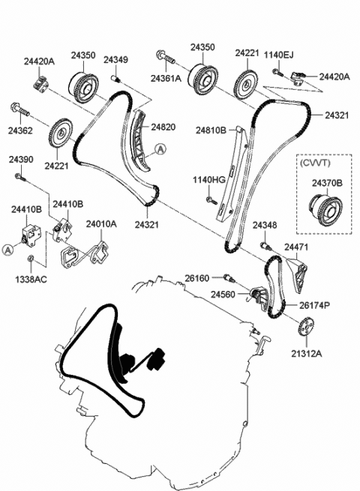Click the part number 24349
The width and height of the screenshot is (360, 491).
(115, 59)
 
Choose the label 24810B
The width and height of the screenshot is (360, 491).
(211, 130)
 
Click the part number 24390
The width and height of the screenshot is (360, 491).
(21, 160)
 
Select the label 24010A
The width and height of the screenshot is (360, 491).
(100, 223)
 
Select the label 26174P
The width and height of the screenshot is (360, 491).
(314, 305)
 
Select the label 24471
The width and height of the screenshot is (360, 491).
(297, 247)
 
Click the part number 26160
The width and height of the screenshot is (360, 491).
(198, 277)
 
